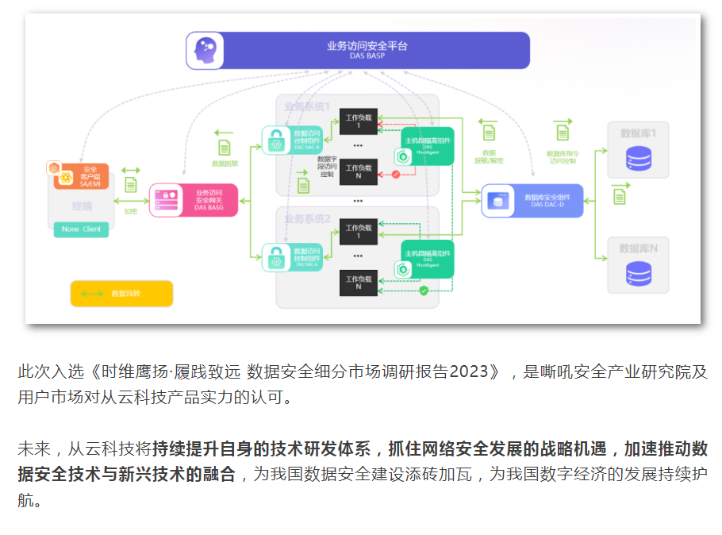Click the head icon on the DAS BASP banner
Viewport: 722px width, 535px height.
coord(204,51)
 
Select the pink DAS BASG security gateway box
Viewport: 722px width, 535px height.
coord(194,200)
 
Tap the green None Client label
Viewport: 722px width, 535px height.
coord(81,229)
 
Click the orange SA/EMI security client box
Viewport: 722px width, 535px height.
coord(82,175)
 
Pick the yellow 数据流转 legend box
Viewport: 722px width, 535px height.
coord(121,294)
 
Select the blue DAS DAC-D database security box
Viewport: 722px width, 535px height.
coord(532,201)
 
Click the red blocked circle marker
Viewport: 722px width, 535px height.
coord(396,174)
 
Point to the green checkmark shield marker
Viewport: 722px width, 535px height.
coord(424,291)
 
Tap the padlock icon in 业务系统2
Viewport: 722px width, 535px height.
coord(275,256)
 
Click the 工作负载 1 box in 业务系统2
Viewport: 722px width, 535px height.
coord(358,231)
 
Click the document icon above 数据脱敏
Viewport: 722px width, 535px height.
coord(225,146)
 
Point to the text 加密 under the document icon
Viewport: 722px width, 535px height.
coord(131,211)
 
